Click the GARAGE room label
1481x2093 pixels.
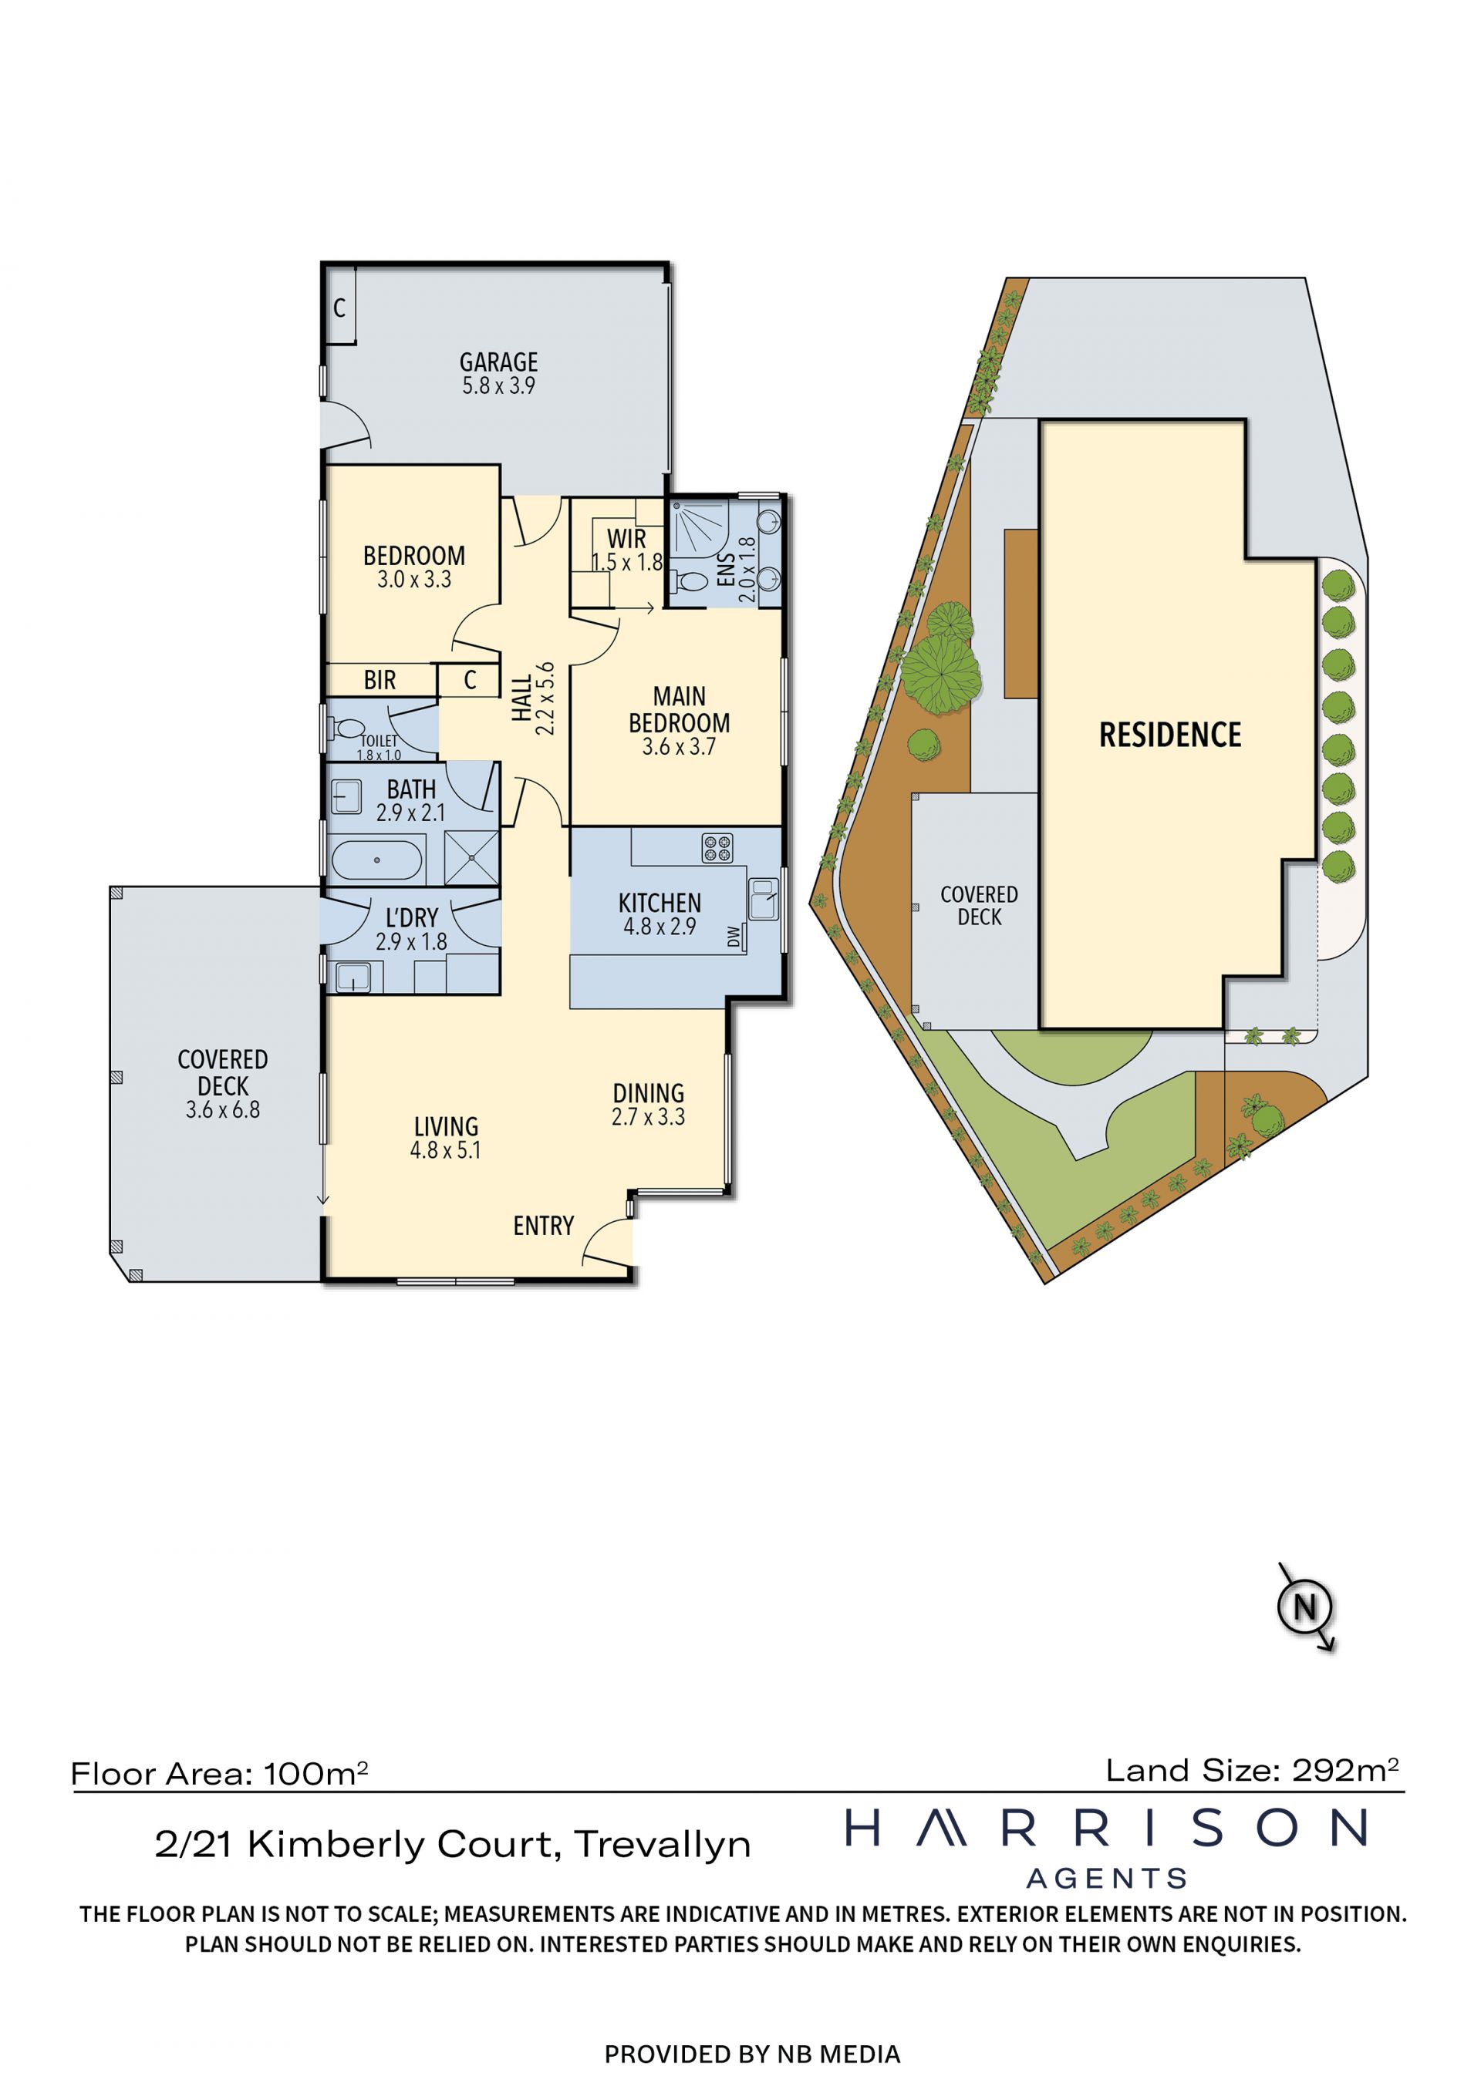498,362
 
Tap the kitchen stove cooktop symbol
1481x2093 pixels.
717,848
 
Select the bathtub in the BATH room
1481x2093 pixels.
376,860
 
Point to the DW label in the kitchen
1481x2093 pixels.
734,936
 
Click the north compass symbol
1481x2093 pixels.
1306,1607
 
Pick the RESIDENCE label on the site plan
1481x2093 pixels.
1170,735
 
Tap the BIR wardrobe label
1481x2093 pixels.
380,680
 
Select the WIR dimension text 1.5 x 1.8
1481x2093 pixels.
627,563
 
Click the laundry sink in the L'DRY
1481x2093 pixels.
352,978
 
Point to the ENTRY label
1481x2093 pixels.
544,1225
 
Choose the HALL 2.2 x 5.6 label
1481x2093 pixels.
532,698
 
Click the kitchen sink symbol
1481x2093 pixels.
764,899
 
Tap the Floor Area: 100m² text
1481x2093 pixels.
219,1773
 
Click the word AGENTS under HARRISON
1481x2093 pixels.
1107,1879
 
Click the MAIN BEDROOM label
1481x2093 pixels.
680,709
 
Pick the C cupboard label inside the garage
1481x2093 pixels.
339,308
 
